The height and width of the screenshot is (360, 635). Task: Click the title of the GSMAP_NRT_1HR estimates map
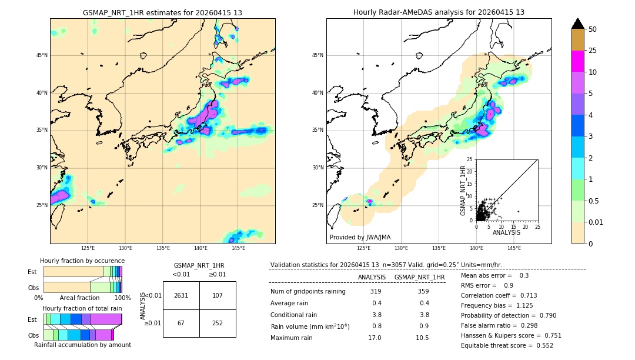[162, 12]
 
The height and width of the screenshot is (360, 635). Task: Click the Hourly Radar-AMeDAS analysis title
[439, 12]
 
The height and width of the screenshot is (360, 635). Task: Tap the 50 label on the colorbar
[593, 29]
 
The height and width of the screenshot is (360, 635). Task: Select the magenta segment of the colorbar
[577, 61]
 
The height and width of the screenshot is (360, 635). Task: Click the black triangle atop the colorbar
[577, 24]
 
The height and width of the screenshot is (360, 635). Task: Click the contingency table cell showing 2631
[181, 295]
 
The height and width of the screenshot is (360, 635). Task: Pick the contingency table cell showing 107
[218, 295]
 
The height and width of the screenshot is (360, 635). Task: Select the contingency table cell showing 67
[181, 323]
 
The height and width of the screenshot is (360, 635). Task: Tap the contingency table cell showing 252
[218, 323]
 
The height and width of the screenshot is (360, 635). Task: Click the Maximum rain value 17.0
[374, 338]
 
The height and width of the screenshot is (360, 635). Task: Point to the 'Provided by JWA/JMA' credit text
[360, 237]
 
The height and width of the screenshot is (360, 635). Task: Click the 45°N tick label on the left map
[42, 55]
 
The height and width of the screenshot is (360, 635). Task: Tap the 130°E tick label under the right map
[401, 249]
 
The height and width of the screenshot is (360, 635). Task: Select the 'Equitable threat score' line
[507, 345]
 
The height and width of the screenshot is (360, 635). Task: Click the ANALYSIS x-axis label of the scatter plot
[506, 232]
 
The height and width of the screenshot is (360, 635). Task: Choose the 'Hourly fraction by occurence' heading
[82, 261]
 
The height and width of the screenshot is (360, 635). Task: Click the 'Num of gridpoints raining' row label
[308, 292]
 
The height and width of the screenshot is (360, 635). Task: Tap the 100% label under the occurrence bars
[122, 298]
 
